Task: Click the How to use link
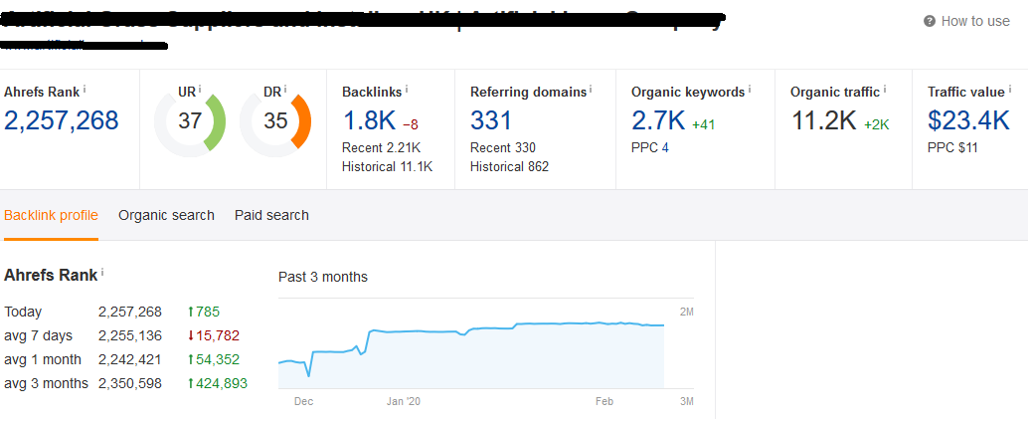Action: pyautogui.click(x=974, y=21)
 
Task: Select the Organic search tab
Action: pyautogui.click(x=166, y=215)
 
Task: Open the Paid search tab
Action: pyautogui.click(x=271, y=215)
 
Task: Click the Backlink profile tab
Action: pyautogui.click(x=51, y=215)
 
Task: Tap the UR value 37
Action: pyautogui.click(x=189, y=121)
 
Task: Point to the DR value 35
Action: pyautogui.click(x=275, y=121)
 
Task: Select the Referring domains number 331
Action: pyautogui.click(x=491, y=121)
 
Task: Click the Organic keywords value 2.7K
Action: pyautogui.click(x=657, y=121)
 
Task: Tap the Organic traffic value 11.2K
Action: pyautogui.click(x=823, y=121)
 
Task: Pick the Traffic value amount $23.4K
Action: pyautogui.click(x=968, y=121)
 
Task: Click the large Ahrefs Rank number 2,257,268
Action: pyautogui.click(x=62, y=121)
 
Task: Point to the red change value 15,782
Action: pyautogui.click(x=218, y=335)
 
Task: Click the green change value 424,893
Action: pyautogui.click(x=222, y=383)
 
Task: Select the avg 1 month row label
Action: pyautogui.click(x=43, y=359)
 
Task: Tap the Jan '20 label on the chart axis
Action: pyautogui.click(x=404, y=401)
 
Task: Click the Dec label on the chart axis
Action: pyautogui.click(x=303, y=401)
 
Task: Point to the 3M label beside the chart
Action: pyautogui.click(x=686, y=401)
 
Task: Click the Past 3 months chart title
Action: pyautogui.click(x=323, y=277)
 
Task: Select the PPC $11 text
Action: pyautogui.click(x=952, y=148)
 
